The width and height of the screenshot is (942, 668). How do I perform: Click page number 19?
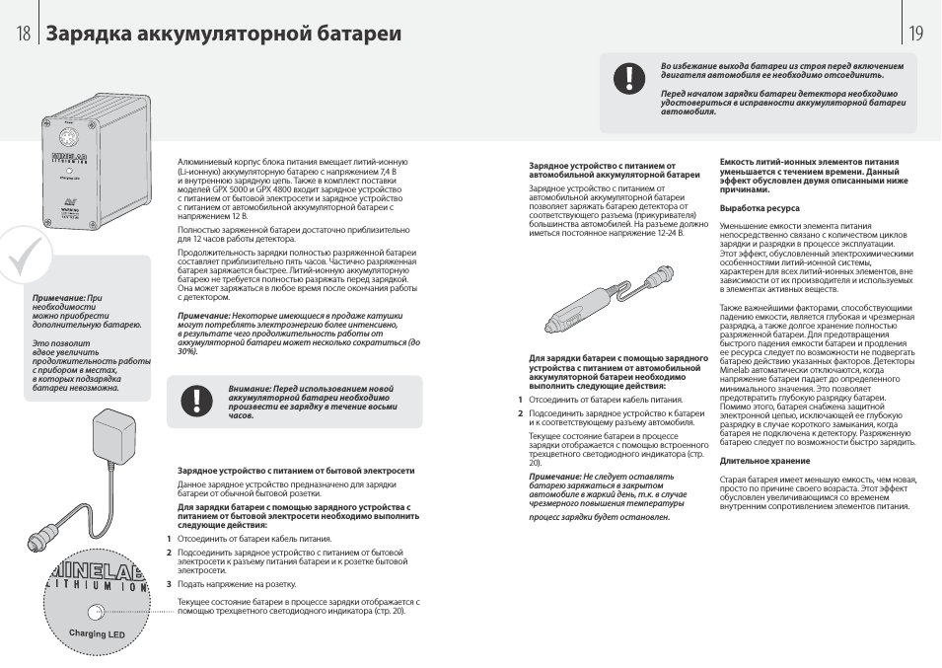[x=916, y=34]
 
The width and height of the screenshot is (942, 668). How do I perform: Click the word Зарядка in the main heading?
[x=88, y=34]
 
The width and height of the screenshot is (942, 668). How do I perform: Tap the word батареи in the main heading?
[x=361, y=34]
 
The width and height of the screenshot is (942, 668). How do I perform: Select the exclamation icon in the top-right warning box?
[x=628, y=79]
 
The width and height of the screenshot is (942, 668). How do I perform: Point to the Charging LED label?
[x=97, y=633]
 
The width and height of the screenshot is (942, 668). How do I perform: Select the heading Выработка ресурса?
[x=760, y=208]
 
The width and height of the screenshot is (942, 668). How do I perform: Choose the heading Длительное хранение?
[x=764, y=461]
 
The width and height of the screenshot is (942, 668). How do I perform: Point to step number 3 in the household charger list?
[x=169, y=583]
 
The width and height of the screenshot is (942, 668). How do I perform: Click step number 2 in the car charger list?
[x=520, y=413]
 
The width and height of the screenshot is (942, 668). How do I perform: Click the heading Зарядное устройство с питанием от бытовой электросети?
[x=296, y=471]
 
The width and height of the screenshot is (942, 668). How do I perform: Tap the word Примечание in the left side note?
[x=58, y=297]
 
